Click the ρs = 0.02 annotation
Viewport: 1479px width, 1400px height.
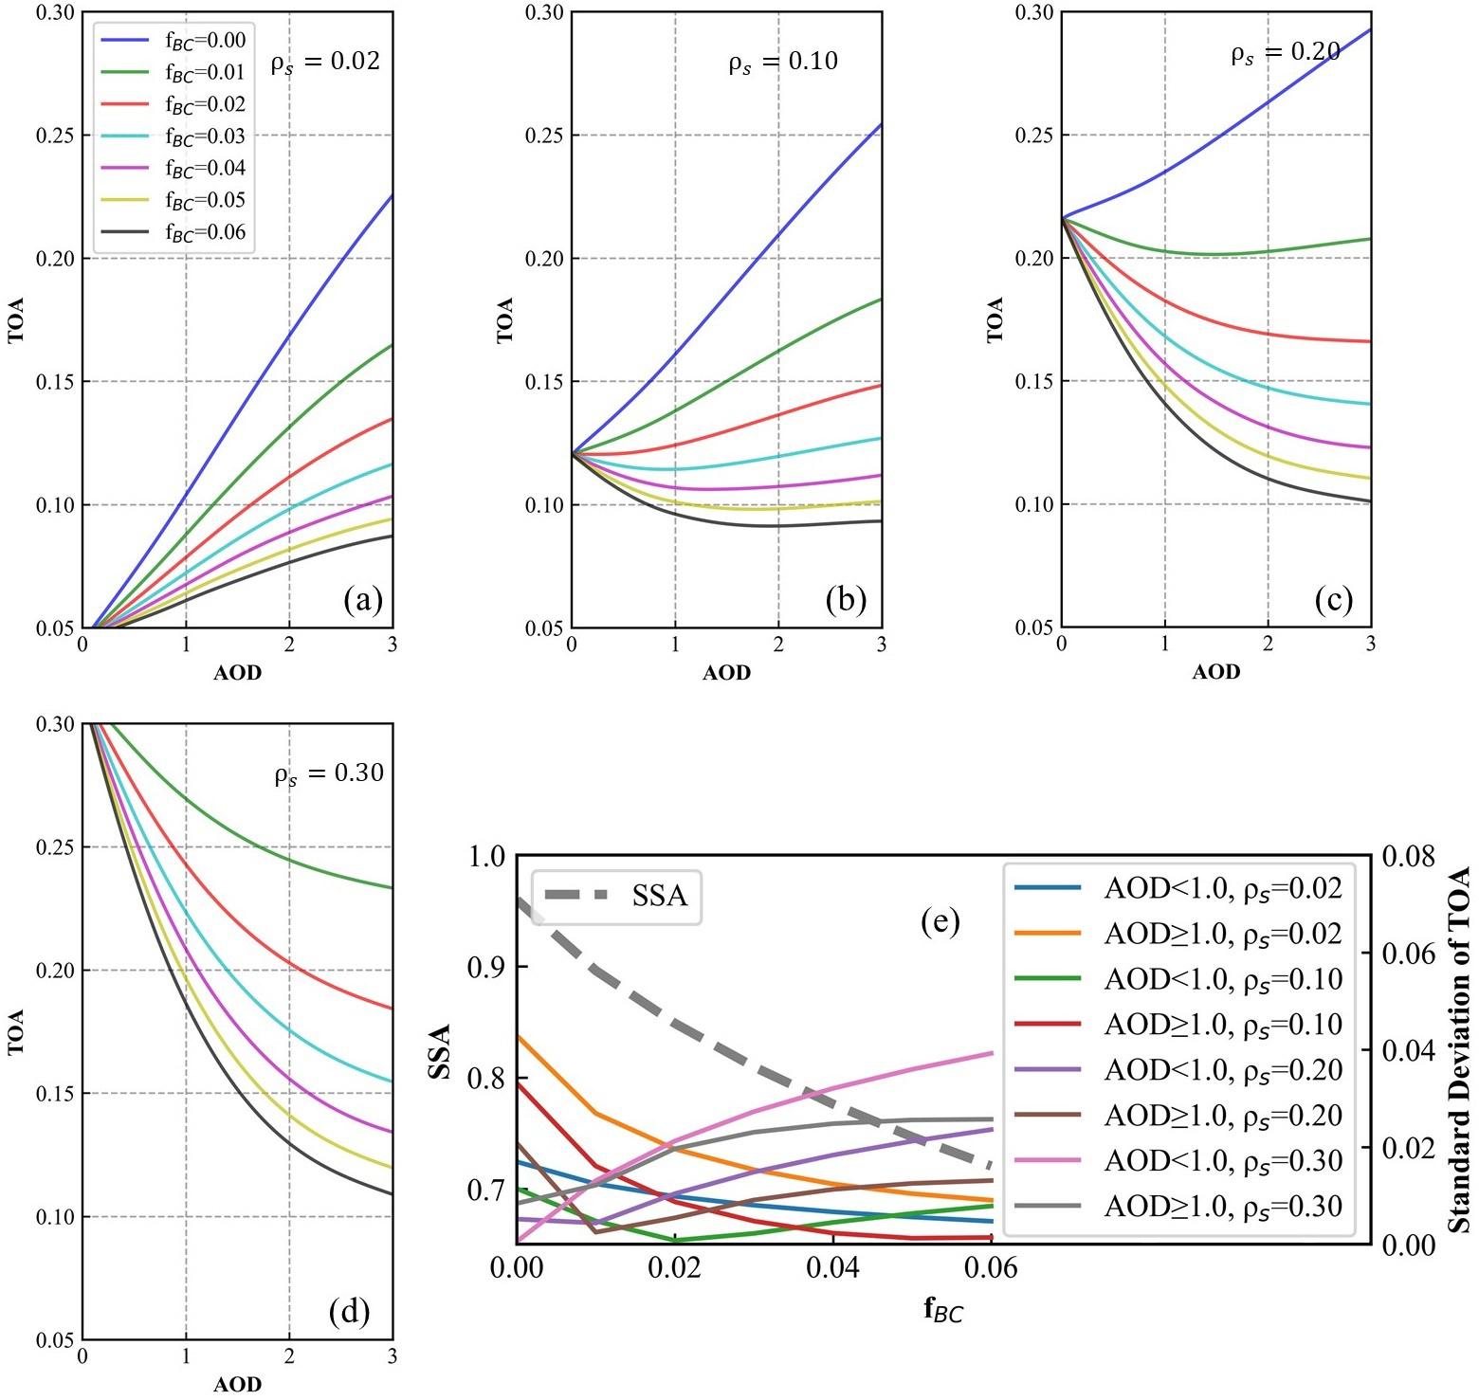click(325, 63)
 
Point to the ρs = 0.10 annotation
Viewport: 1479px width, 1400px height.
click(783, 63)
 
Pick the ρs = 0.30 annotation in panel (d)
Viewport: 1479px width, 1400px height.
click(329, 774)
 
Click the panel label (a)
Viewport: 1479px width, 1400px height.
click(363, 600)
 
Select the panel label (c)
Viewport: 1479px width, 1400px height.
click(1333, 600)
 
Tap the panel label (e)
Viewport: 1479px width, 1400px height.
click(940, 921)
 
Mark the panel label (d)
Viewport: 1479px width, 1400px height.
click(349, 1312)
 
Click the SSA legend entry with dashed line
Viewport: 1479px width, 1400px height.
click(616, 896)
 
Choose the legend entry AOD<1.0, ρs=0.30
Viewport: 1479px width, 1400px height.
click(1179, 1161)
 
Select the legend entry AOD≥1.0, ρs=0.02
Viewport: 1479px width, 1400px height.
click(1179, 934)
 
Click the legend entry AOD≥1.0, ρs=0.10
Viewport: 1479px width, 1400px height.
click(1179, 1025)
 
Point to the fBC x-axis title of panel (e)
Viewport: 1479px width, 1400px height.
click(943, 1311)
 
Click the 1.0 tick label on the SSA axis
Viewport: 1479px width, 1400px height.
click(487, 857)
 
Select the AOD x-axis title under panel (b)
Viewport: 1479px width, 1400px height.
click(726, 673)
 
